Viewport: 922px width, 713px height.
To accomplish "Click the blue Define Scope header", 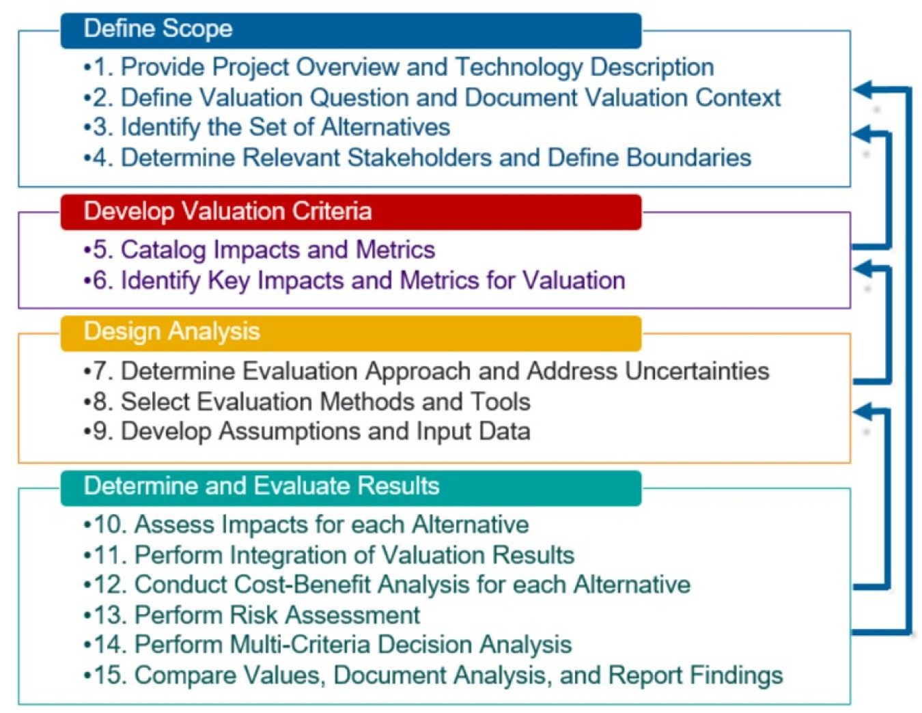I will (350, 30).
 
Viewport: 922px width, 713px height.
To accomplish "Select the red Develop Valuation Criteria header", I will (350, 212).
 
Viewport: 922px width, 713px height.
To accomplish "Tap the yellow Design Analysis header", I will (350, 333).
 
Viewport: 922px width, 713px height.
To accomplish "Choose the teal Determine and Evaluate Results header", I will (350, 487).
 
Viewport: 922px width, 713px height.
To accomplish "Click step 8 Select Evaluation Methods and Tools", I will (307, 402).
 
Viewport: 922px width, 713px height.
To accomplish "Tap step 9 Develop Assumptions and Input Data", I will (307, 432).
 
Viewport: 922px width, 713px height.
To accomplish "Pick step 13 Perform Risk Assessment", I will (252, 615).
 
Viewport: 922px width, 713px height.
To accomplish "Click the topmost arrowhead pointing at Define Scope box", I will (864, 89).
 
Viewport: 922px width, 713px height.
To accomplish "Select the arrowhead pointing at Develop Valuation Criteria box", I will (864, 268).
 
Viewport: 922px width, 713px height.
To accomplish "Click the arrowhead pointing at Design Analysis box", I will (864, 412).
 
